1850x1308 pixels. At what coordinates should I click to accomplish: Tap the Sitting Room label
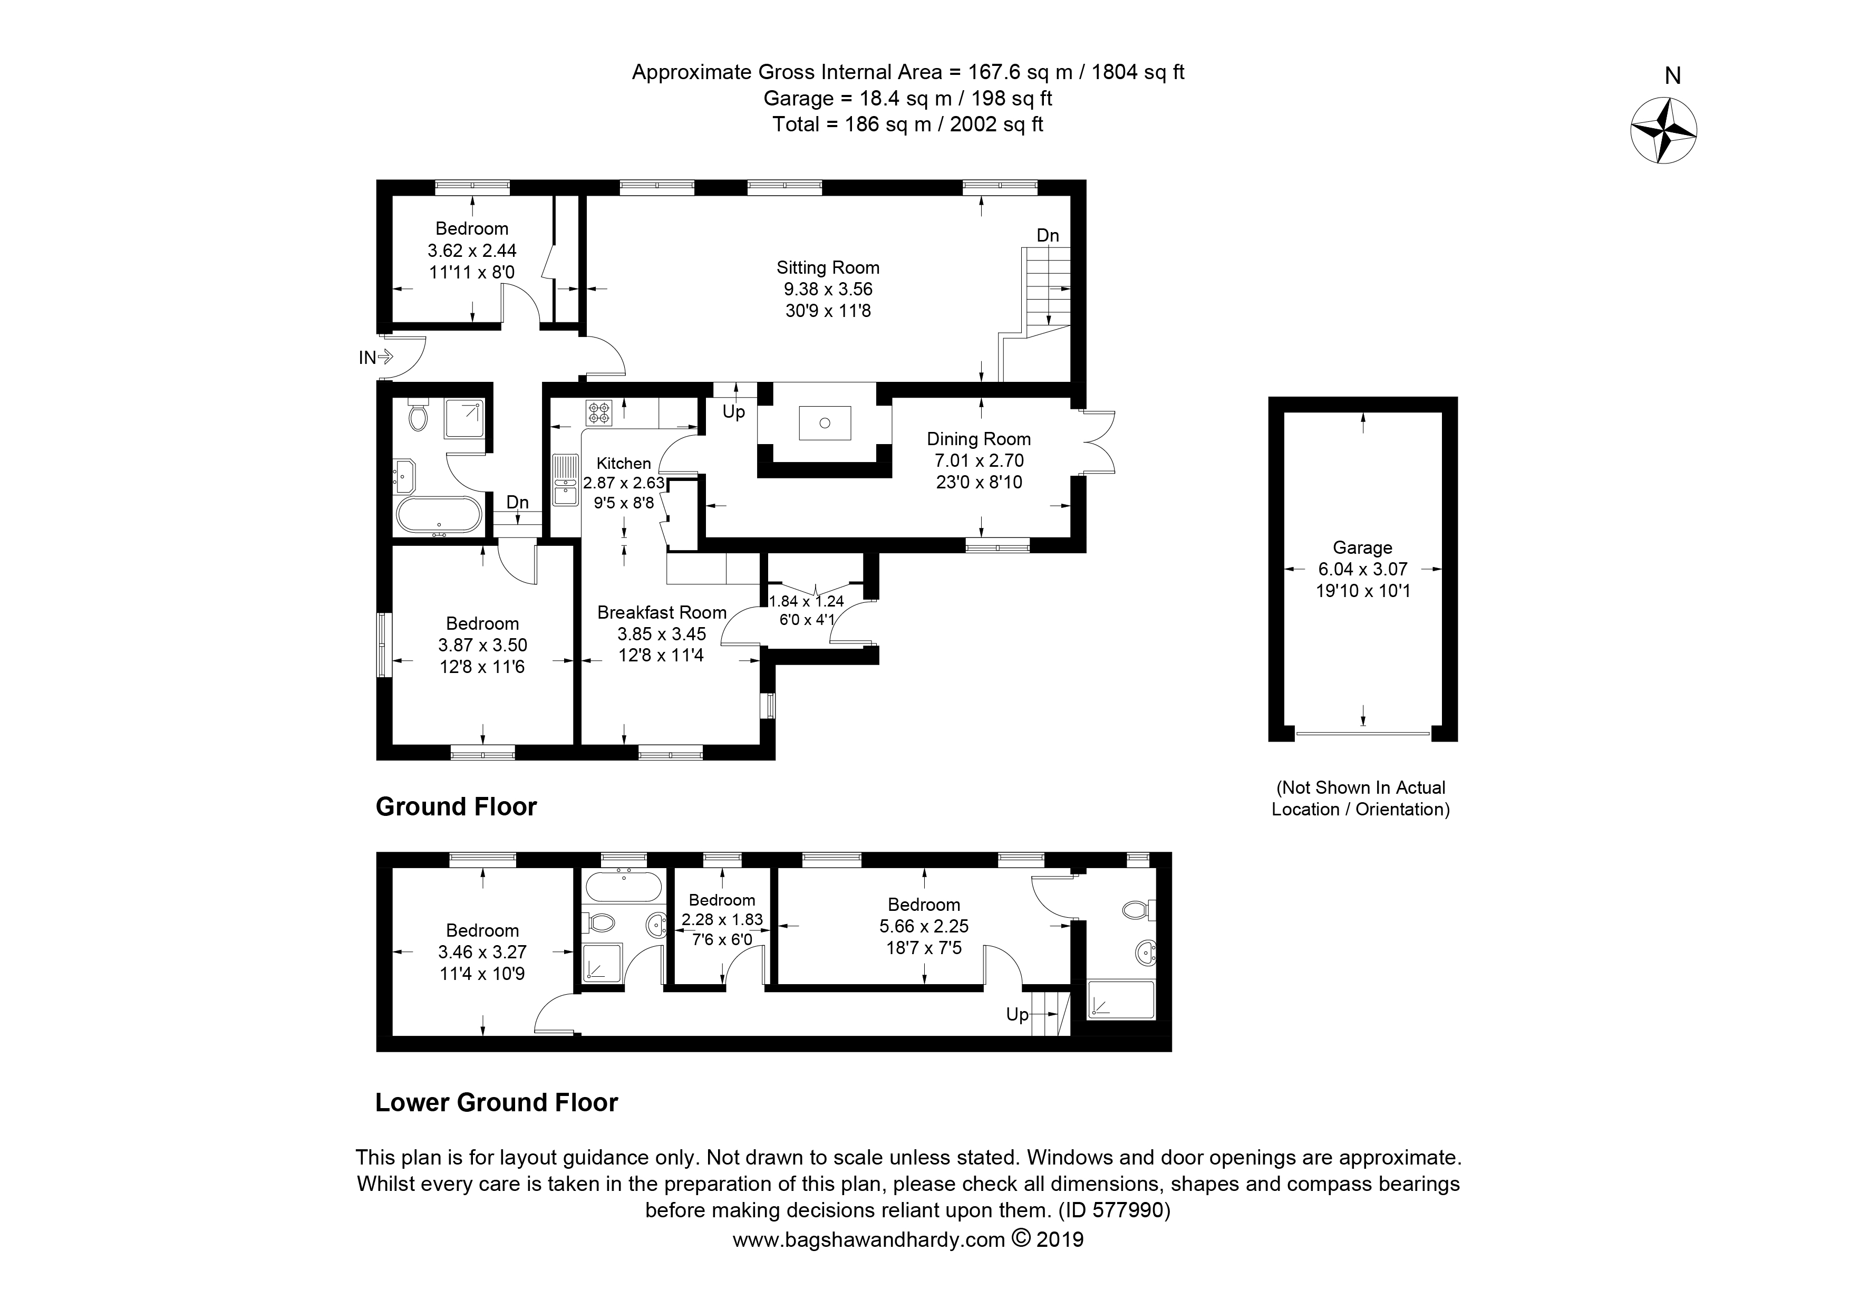828,267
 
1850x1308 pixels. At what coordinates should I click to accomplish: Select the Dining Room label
978,439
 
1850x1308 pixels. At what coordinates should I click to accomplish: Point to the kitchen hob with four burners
599,412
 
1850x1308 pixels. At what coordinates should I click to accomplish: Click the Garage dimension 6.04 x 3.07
1362,569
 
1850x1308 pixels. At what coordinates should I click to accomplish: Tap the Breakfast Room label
662,612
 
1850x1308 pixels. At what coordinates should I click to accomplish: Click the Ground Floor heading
456,807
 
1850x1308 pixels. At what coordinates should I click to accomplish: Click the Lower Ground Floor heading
496,1102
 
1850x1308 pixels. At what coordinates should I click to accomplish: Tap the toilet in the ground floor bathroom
418,415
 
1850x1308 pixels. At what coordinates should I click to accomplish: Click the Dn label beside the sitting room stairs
1048,235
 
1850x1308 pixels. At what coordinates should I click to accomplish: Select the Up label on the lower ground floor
1017,1015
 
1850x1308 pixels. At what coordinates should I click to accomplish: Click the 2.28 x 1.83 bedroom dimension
721,919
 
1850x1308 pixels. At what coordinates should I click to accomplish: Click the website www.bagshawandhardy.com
868,1239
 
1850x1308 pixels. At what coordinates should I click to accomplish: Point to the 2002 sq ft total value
996,124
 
